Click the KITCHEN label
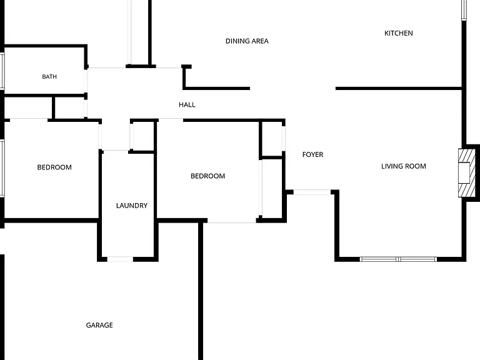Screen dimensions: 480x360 pos(398,33)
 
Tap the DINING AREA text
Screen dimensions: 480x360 pos(247,41)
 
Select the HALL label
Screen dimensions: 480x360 pos(187,105)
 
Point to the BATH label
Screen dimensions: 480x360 pos(49,76)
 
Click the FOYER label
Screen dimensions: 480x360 pos(312,154)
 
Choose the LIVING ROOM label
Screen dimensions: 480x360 pos(404,166)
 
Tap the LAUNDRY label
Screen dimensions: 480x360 pos(132,206)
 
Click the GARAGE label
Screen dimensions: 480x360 pos(99,325)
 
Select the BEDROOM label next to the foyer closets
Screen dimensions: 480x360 pos(207,176)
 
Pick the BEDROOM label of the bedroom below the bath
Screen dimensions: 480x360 pos(54,167)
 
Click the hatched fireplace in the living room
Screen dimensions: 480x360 pos(467,173)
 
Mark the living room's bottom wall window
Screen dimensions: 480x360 pos(398,259)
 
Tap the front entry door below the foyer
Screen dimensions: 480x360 pos(312,192)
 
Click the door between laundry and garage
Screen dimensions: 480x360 pos(120,259)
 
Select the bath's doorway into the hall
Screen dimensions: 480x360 pos(86,81)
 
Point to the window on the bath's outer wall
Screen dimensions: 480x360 pos(2,71)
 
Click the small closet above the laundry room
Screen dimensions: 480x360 pos(142,136)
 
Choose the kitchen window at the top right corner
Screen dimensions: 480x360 pos(464,10)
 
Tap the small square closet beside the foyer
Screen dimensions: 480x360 pos(272,139)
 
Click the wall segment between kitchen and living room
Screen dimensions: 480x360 pos(399,89)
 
